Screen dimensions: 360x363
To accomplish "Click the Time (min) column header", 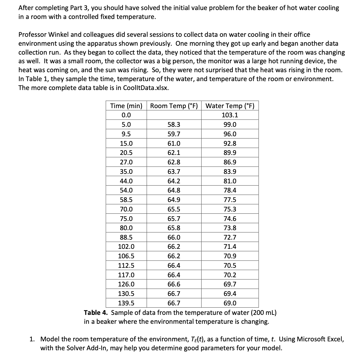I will tap(126, 106).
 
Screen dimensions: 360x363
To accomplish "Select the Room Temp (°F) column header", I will tap(174, 106).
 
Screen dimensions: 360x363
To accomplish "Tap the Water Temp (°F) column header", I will tap(230, 106).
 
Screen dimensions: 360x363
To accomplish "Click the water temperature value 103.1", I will tap(230, 115).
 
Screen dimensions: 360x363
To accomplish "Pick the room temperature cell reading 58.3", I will tap(174, 125).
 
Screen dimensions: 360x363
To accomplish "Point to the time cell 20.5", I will tap(126, 153).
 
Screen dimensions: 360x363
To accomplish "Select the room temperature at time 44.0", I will tap(174, 181).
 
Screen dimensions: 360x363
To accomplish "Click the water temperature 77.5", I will tap(230, 200).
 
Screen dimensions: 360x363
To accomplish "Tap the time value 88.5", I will tap(126, 237).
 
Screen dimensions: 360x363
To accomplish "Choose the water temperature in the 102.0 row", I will tap(230, 247).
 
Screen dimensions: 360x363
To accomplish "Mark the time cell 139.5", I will tap(126, 303).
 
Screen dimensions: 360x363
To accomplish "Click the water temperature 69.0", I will tap(230, 303).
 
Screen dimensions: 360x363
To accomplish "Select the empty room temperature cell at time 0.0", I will tap(174, 115).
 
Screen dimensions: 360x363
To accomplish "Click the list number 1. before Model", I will tap(32, 339).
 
